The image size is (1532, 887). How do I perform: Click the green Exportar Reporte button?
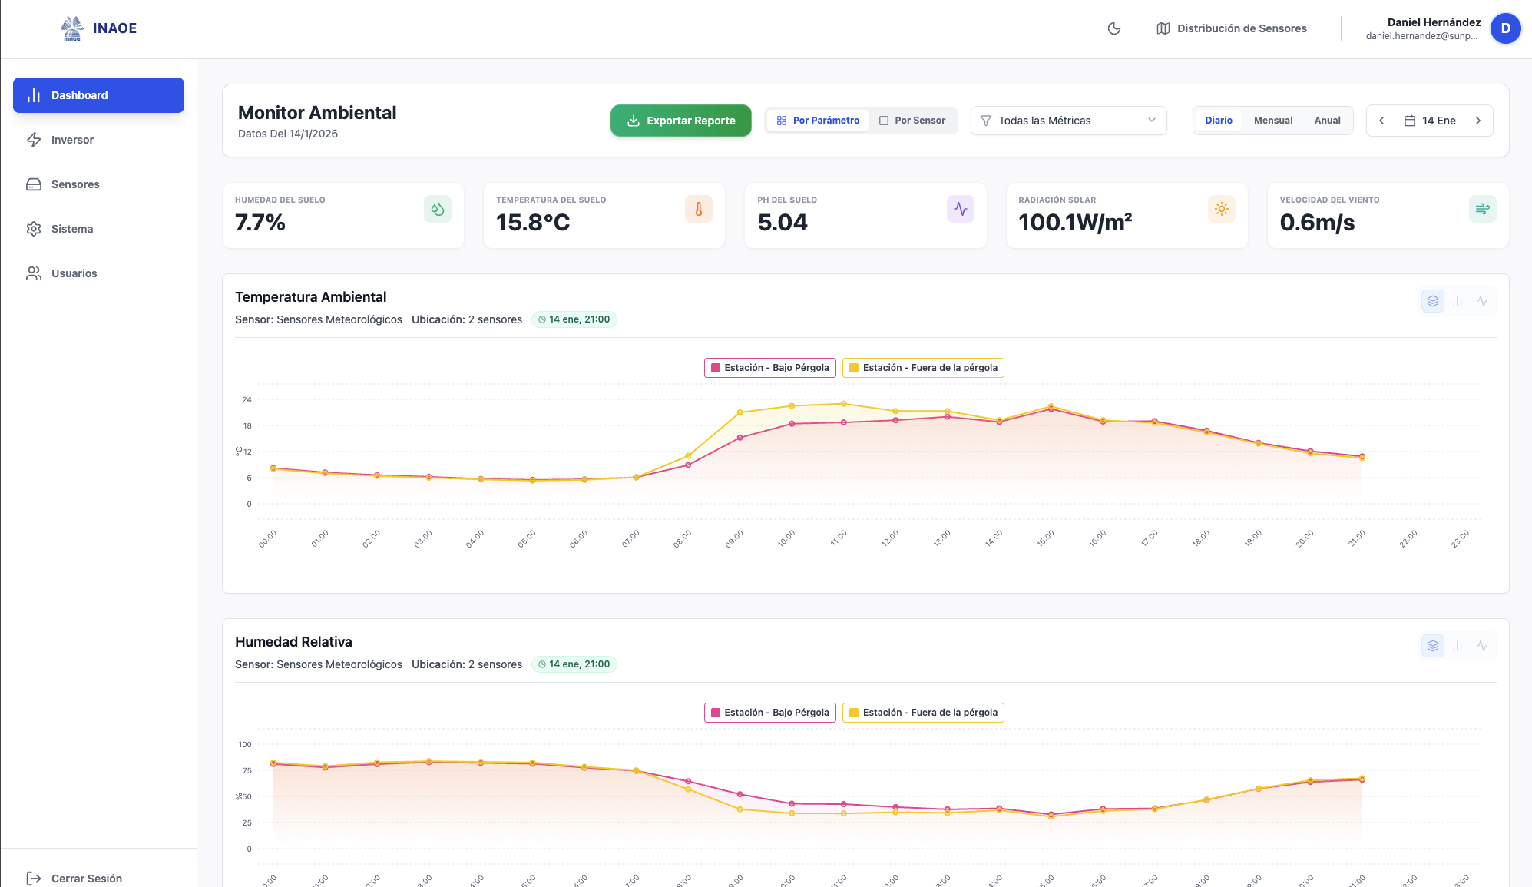[680, 121]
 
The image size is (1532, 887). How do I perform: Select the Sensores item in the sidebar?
[74, 184]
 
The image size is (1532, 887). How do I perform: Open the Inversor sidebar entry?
[71, 140]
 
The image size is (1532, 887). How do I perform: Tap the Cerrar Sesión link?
[85, 878]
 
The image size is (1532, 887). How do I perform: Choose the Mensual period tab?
[1272, 121]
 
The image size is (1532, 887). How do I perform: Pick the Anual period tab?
[1326, 121]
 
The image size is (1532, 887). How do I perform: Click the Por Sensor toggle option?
[912, 121]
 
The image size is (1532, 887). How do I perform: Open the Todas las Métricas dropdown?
[1067, 121]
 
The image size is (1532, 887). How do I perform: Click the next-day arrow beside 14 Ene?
[1477, 121]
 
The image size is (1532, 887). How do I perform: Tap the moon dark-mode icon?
[1113, 28]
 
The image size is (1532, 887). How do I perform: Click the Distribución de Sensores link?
[1232, 28]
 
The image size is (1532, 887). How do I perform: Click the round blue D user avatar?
[1505, 28]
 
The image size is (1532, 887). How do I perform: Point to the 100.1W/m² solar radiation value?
[1074, 223]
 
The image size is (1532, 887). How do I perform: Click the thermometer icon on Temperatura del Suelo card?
[698, 209]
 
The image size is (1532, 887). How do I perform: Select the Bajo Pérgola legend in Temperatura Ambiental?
[769, 368]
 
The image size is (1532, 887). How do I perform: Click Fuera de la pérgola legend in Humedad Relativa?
[923, 713]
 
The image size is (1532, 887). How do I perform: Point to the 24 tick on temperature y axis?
[247, 399]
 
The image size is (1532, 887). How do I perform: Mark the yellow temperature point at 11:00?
[843, 404]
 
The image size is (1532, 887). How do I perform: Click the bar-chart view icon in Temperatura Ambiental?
[1457, 302]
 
